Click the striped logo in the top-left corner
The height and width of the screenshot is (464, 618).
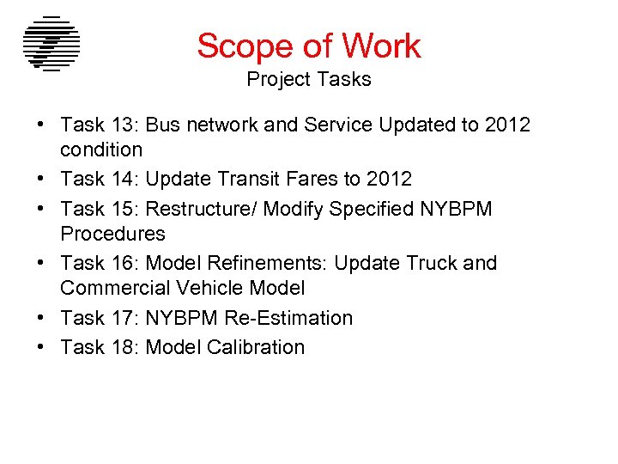coord(51,44)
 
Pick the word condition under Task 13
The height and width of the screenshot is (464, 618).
coord(101,150)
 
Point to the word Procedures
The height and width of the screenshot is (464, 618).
coord(112,234)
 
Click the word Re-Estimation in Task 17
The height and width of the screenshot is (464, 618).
coord(288,318)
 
